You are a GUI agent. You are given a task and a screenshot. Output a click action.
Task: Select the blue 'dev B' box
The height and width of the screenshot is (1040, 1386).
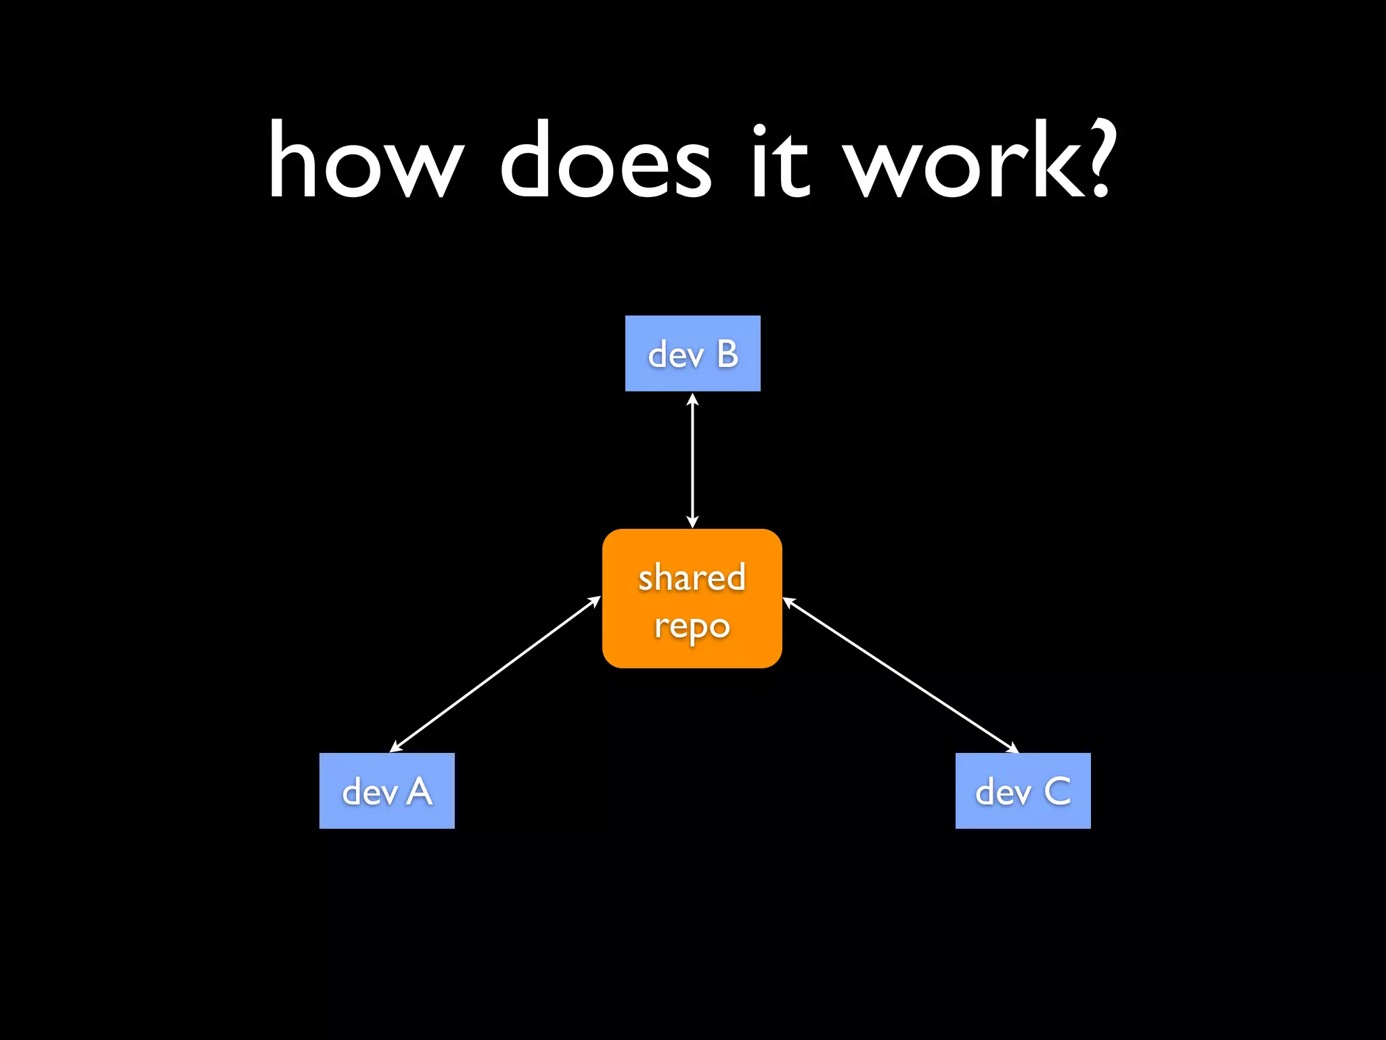pos(692,353)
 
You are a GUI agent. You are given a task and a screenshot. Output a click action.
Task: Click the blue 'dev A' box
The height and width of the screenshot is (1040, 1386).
pos(386,790)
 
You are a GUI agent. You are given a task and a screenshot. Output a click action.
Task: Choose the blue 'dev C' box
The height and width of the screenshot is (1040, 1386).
pos(1023,790)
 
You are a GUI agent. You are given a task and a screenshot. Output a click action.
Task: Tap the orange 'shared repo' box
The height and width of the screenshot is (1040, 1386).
pos(692,599)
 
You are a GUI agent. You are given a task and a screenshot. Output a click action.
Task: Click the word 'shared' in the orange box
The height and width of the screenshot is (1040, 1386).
pos(692,577)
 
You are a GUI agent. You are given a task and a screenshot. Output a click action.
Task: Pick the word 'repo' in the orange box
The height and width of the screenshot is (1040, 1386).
pos(692,626)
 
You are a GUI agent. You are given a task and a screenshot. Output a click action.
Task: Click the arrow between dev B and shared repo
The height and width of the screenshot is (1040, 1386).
pos(692,460)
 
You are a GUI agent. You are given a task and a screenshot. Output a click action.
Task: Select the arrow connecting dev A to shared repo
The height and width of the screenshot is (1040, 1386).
pos(495,674)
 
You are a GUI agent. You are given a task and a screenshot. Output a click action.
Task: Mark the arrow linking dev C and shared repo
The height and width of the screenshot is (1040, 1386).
pos(901,676)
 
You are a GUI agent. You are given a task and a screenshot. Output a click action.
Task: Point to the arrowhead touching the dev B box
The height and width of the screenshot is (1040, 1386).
pos(692,399)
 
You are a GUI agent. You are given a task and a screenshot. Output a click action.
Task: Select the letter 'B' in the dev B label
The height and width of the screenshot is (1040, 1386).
pos(728,353)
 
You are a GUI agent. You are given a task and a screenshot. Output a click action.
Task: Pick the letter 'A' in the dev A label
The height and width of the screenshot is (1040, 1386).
pos(420,791)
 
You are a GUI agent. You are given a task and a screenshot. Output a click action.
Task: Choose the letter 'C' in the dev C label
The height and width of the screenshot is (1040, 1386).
pos(1057,791)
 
